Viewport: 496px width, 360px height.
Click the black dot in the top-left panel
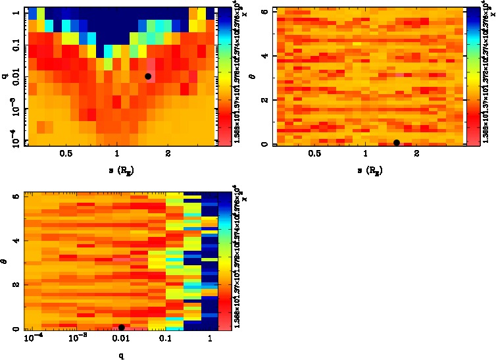148,76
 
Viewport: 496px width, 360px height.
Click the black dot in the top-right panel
396,143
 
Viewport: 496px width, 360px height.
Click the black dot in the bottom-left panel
121,328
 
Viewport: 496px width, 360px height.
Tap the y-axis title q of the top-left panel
5,77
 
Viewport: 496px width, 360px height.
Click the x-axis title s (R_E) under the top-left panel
116,170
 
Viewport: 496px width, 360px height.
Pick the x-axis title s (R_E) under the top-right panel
365,170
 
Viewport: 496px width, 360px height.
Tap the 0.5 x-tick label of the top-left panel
66,155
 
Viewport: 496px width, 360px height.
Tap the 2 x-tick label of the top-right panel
416,155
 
